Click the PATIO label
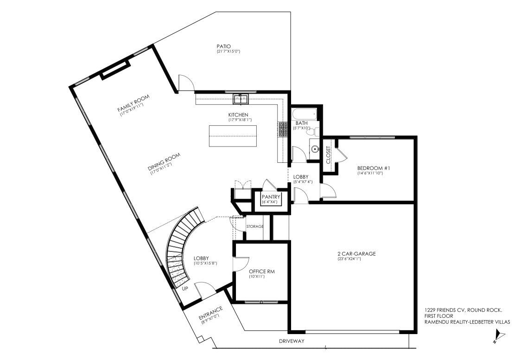pos(223,46)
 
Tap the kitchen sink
pos(241,99)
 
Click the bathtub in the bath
pos(304,114)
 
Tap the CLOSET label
pos(329,155)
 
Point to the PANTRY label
pos(271,197)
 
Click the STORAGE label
pos(255,226)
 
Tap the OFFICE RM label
pos(261,271)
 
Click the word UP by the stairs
pos(185,289)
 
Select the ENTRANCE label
pos(211,314)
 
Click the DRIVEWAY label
pos(292,341)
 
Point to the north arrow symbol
pos(498,336)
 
